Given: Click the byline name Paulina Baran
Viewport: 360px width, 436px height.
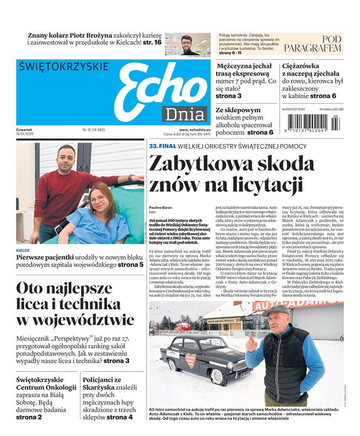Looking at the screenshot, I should click(161, 207).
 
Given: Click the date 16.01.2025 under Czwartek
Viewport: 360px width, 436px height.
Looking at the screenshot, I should click(28, 134).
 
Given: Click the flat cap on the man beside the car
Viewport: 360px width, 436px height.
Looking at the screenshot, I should click(276, 309).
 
